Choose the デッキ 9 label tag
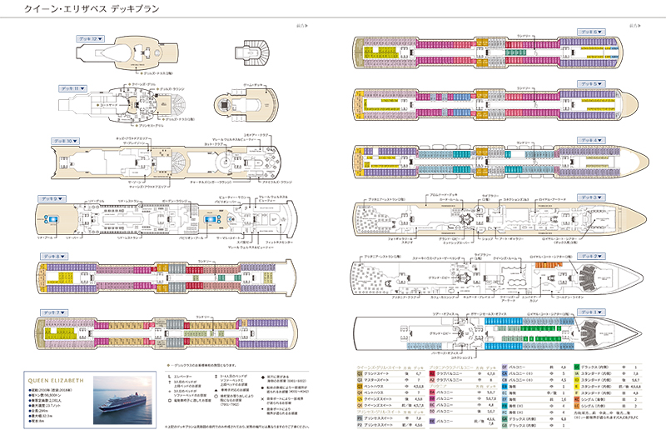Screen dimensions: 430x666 tap(50, 198)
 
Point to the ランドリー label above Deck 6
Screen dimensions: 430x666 tap(522, 36)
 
